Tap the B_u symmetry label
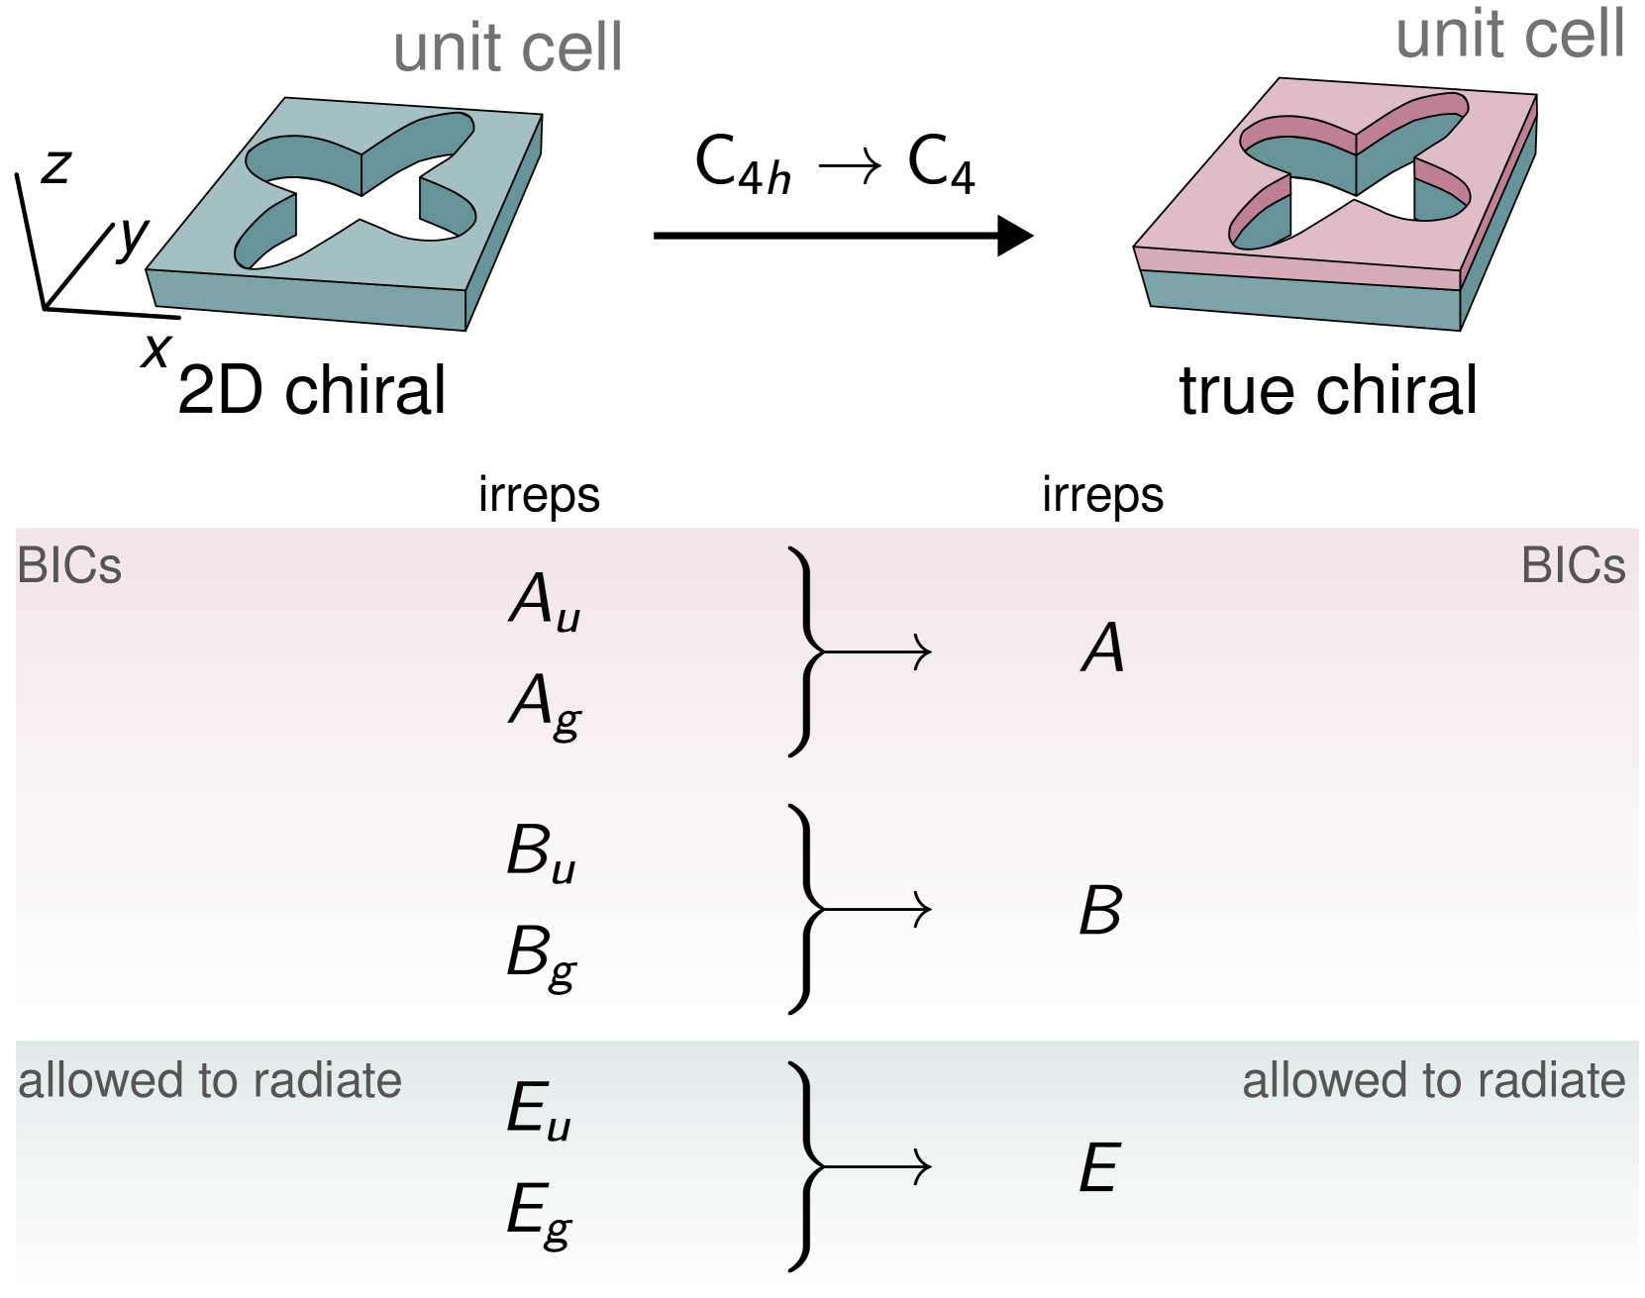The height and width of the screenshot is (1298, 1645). [541, 853]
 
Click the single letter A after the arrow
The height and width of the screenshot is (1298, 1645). [1102, 650]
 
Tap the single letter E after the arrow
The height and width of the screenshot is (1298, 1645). [1098, 1168]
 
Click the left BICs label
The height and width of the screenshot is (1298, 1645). [69, 567]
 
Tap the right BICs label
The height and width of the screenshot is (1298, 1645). [1573, 567]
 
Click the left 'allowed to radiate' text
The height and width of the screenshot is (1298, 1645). [210, 1081]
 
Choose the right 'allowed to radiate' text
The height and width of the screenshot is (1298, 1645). [1433, 1081]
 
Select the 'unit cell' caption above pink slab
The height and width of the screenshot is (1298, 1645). [1509, 35]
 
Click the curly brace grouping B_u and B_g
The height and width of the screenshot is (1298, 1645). [804, 909]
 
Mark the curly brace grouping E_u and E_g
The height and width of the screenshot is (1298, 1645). [804, 1166]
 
